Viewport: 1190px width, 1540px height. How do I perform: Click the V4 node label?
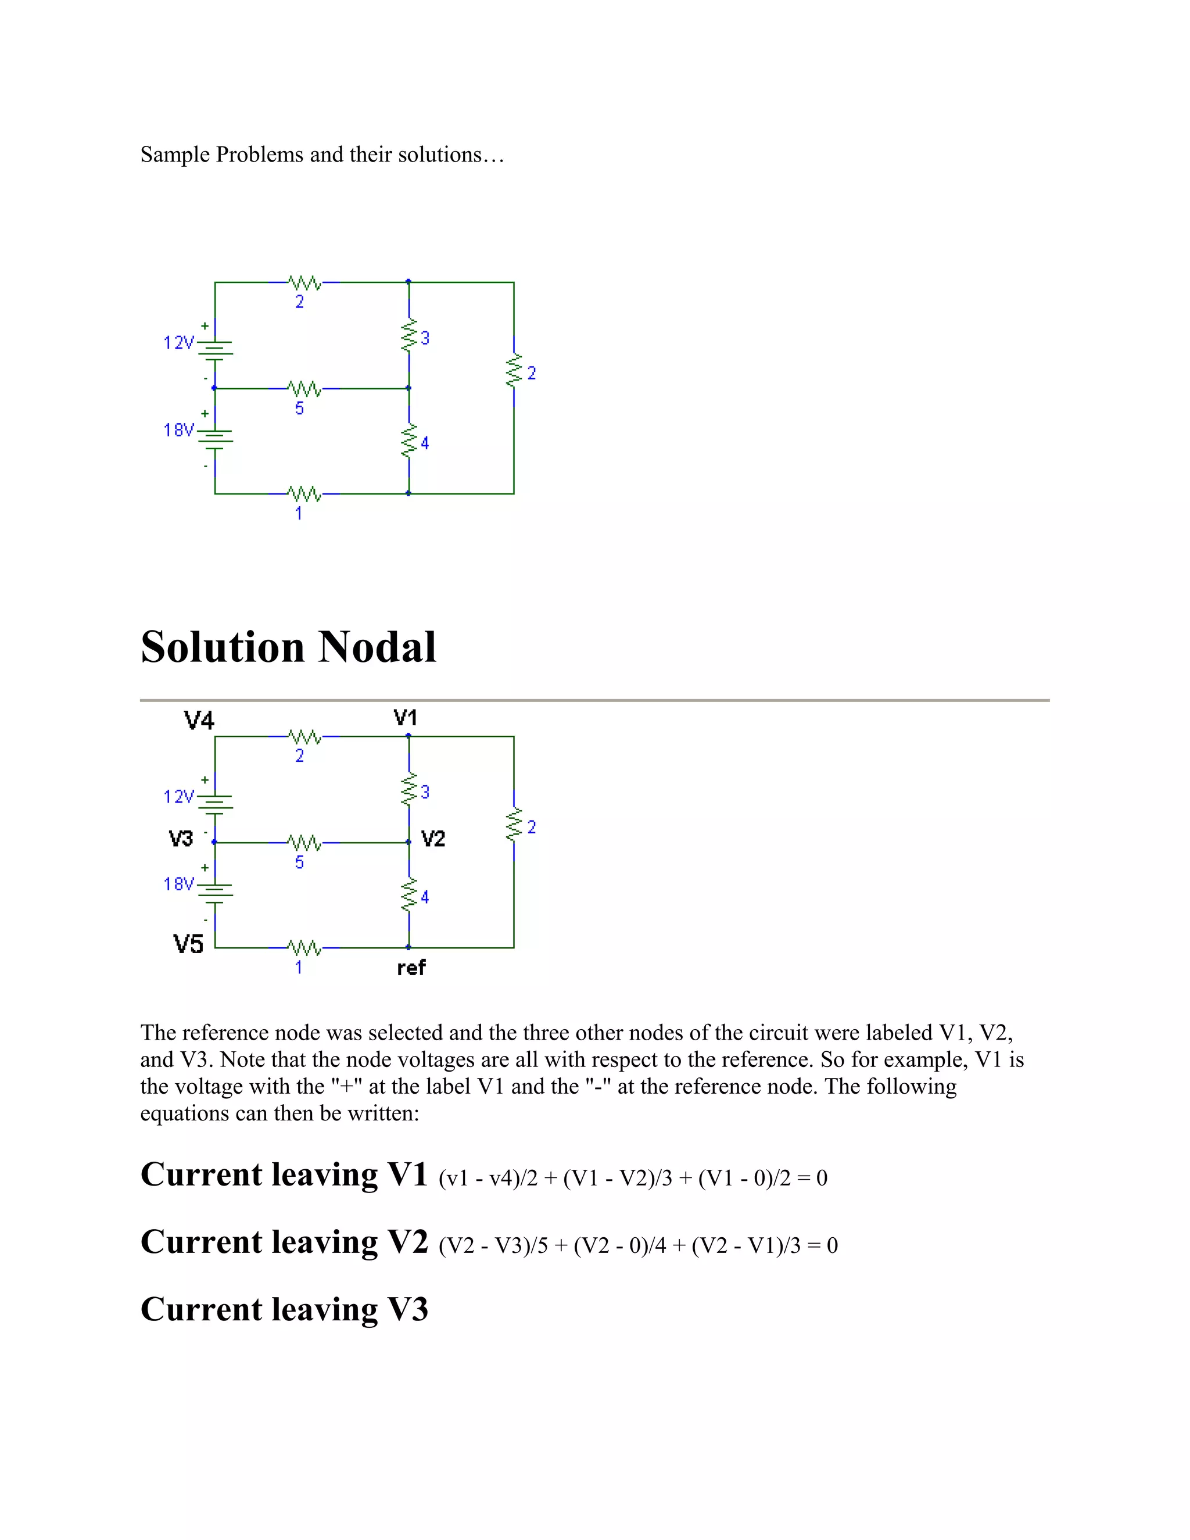(x=199, y=721)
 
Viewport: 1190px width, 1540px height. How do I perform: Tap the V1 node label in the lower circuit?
(x=406, y=718)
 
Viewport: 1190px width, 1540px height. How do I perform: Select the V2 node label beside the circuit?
(x=433, y=839)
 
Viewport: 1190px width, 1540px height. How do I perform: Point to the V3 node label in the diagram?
(x=181, y=839)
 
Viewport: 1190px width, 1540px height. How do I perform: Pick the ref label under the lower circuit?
(x=411, y=968)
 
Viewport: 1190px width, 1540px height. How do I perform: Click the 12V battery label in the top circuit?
(x=178, y=343)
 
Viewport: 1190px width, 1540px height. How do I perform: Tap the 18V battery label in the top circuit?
(x=178, y=430)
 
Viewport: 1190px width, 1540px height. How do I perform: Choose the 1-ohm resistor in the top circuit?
(x=304, y=493)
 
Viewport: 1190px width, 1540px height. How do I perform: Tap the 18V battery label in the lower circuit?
(x=178, y=884)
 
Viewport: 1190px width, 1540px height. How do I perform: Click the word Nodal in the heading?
(x=377, y=647)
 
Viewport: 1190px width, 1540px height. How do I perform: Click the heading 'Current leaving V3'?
(x=284, y=1309)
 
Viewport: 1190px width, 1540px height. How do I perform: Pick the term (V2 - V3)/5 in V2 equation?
(x=493, y=1246)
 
